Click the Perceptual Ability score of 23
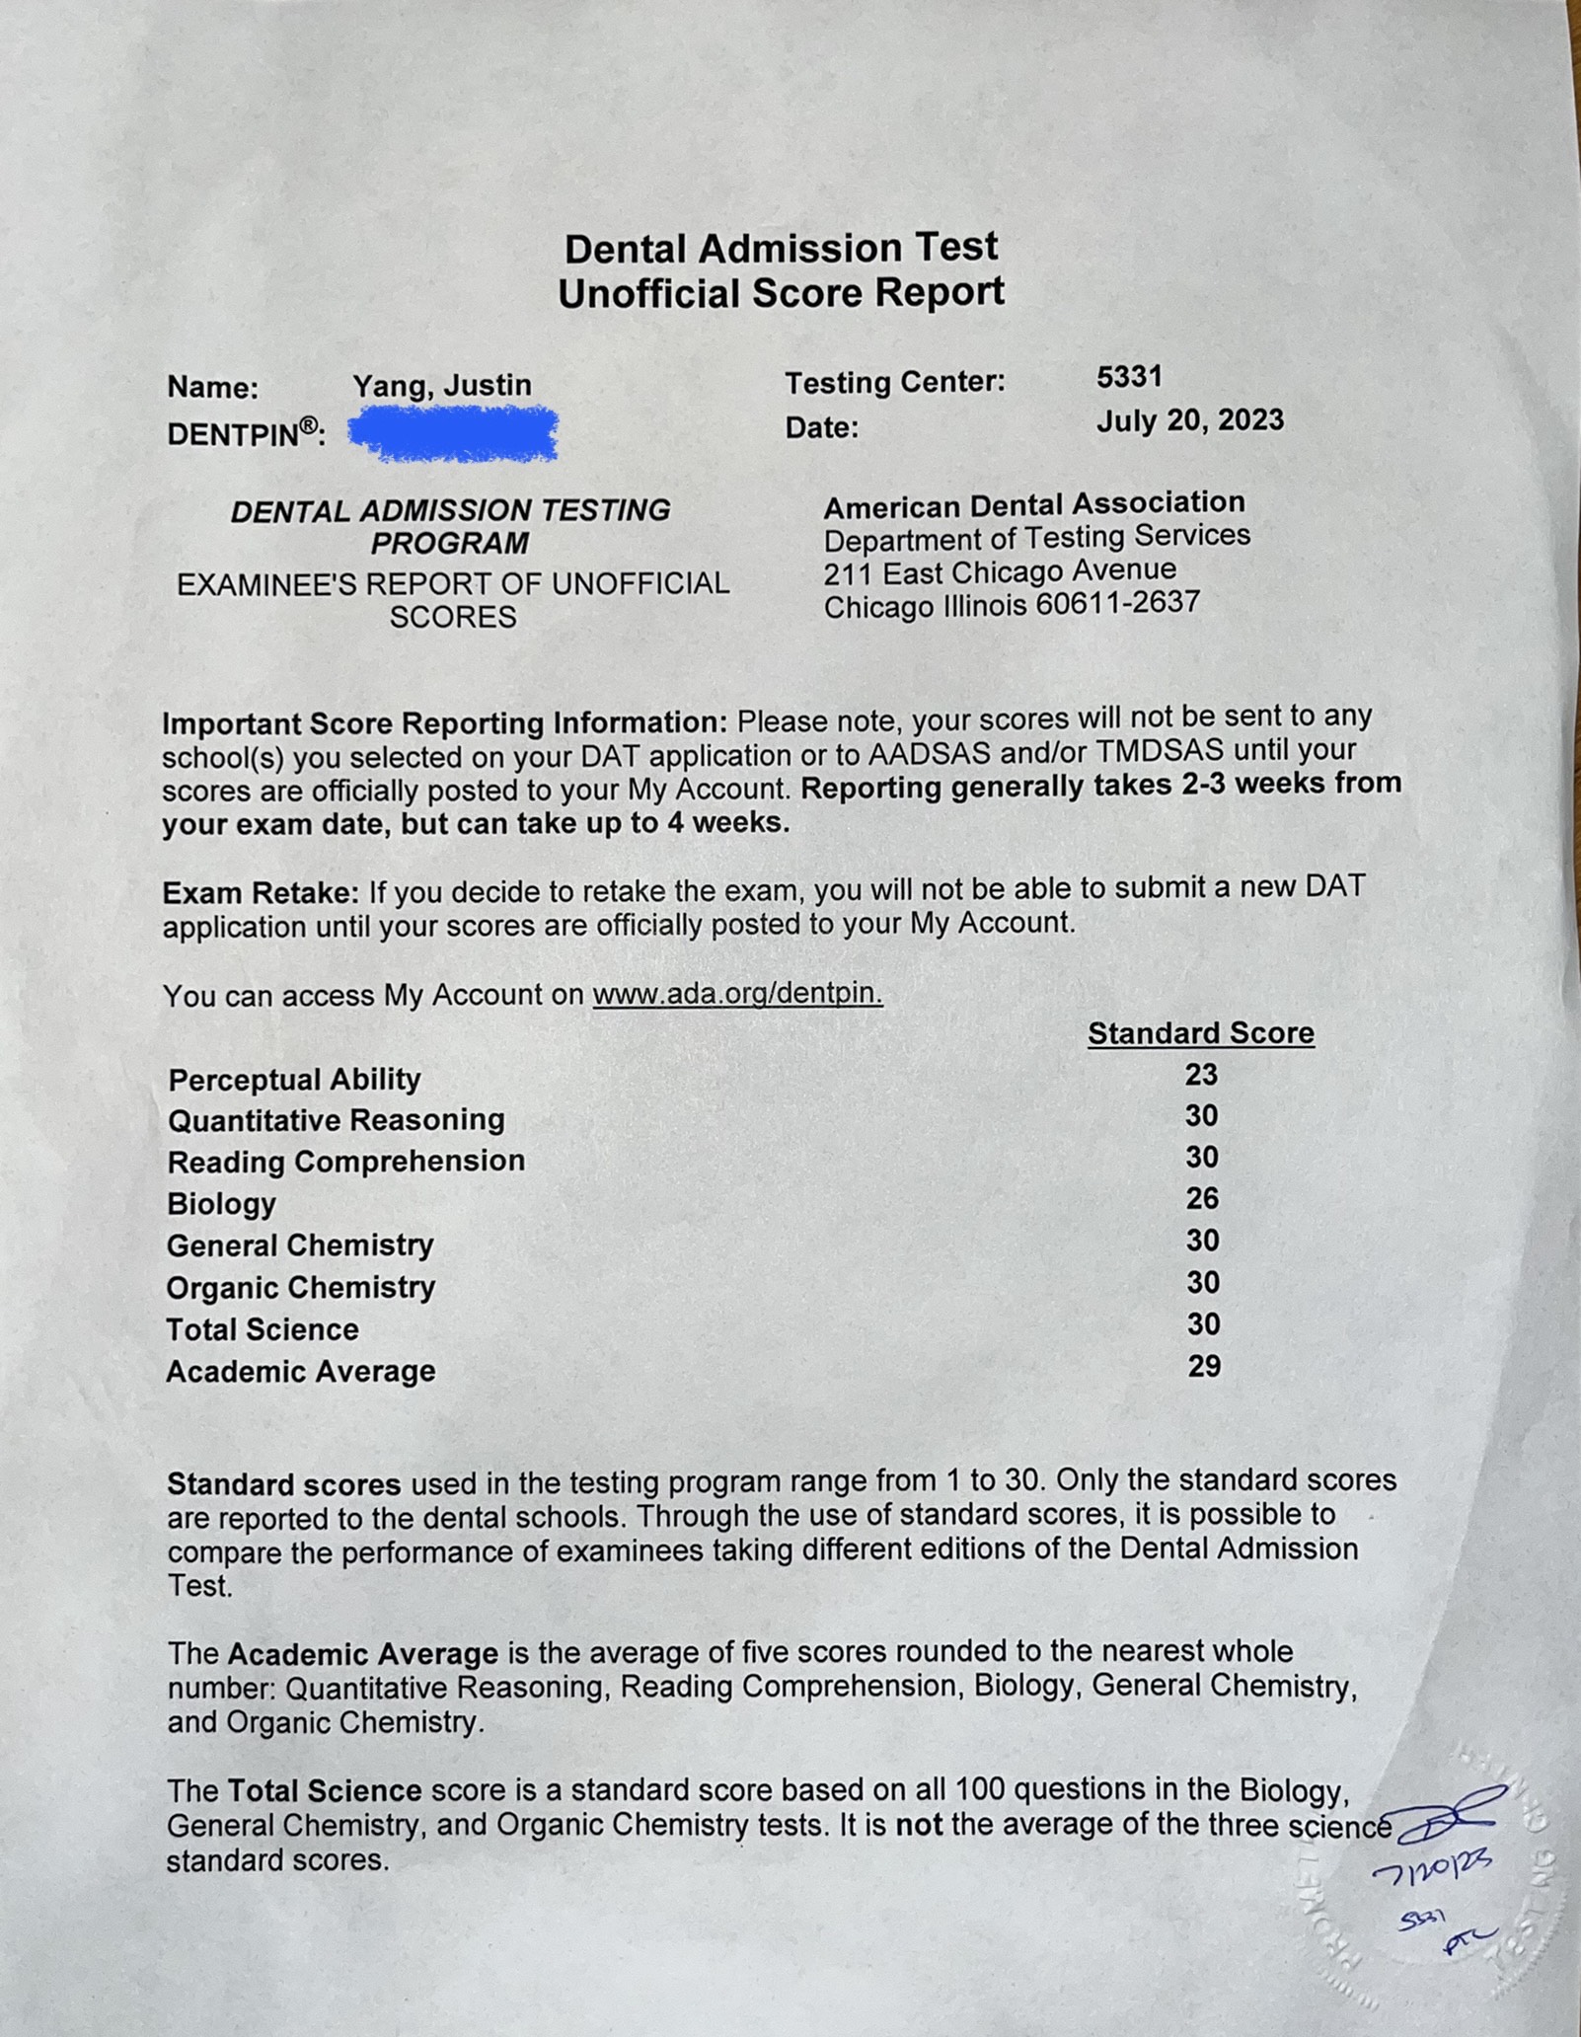point(1201,1074)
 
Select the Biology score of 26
point(1202,1198)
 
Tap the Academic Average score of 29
point(1204,1366)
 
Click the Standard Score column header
point(1201,1033)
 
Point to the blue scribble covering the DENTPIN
point(454,434)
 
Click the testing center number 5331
point(1129,376)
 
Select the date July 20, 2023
point(1189,420)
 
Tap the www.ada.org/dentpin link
point(737,993)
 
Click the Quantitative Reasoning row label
point(336,1120)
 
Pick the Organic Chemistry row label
point(300,1287)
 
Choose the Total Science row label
point(262,1329)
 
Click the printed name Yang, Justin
point(442,385)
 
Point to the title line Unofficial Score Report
point(781,293)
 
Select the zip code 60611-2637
point(1117,603)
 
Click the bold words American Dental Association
point(1033,504)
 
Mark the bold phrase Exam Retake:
point(261,893)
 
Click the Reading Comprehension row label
point(345,1162)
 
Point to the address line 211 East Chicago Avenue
point(1000,571)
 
